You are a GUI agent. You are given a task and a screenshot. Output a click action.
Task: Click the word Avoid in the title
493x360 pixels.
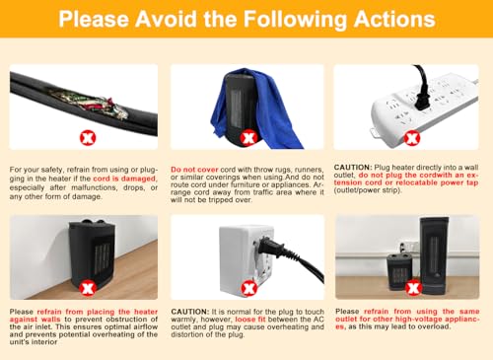(x=167, y=19)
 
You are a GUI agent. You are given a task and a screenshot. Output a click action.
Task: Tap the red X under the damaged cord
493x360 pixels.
(x=88, y=137)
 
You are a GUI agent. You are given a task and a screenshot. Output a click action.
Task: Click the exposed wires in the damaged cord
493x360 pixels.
(x=91, y=104)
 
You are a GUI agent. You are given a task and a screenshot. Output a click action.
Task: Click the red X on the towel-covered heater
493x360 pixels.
(x=248, y=138)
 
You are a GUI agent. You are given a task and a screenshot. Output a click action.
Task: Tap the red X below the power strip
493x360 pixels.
(x=412, y=137)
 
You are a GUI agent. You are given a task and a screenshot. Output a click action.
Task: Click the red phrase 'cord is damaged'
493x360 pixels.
(x=124, y=179)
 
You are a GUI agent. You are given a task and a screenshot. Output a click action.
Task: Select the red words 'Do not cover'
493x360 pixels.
(x=194, y=170)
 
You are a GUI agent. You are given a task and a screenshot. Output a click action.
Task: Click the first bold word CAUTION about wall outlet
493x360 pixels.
(x=353, y=167)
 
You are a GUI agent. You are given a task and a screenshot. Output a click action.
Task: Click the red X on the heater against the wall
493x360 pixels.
(x=88, y=288)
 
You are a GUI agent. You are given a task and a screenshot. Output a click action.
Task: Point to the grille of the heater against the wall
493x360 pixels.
(x=103, y=258)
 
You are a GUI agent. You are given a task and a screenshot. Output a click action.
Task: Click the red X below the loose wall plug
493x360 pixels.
(x=248, y=288)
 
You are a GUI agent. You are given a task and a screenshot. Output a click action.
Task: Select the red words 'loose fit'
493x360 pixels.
(x=250, y=320)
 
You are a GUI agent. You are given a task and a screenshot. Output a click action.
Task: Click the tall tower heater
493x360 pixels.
(x=435, y=255)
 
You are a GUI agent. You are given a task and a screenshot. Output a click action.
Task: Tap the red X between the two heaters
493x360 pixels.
(x=413, y=288)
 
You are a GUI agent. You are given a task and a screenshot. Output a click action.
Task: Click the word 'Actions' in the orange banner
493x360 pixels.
(x=394, y=19)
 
